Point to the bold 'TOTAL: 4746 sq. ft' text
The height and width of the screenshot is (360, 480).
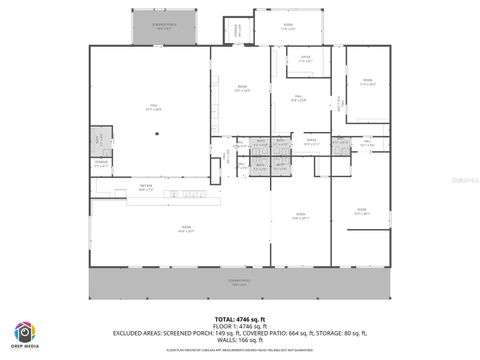coord(240,318)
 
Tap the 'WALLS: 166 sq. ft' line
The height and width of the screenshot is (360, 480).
coord(240,340)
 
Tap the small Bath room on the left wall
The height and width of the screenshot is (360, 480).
coord(99,137)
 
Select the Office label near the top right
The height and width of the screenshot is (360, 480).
coord(306,60)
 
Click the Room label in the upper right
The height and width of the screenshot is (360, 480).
coord(367,82)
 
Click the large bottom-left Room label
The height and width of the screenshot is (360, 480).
coord(186,229)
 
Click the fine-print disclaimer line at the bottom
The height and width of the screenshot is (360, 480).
coord(240,350)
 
